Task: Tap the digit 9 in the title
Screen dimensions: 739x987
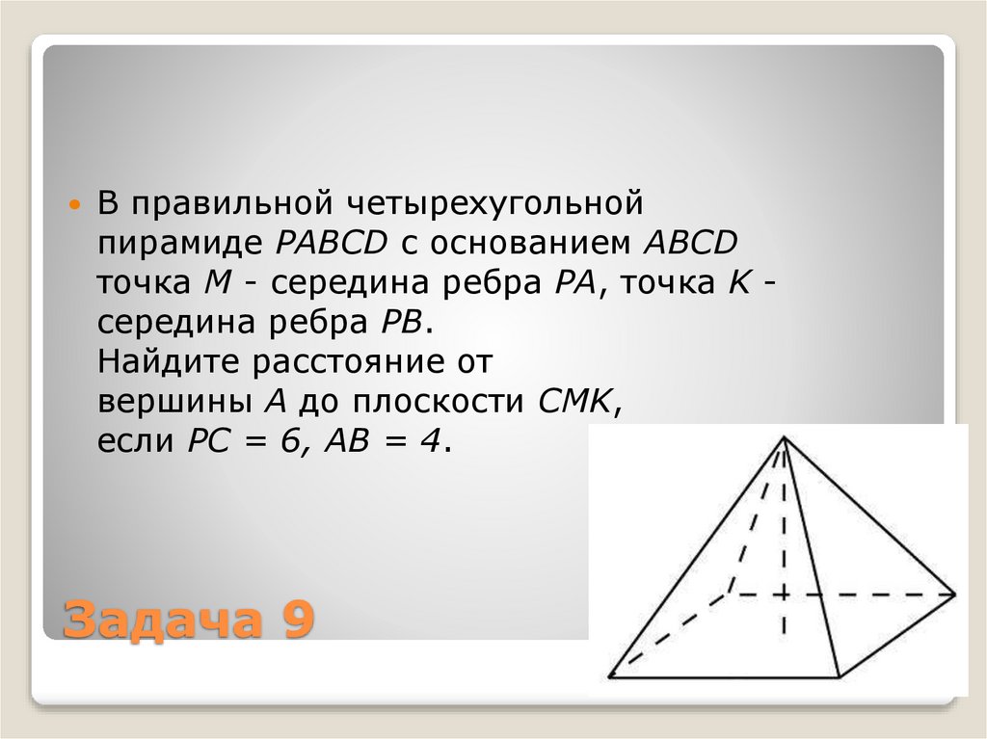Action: click(299, 620)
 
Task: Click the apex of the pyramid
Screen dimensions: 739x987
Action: click(785, 438)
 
